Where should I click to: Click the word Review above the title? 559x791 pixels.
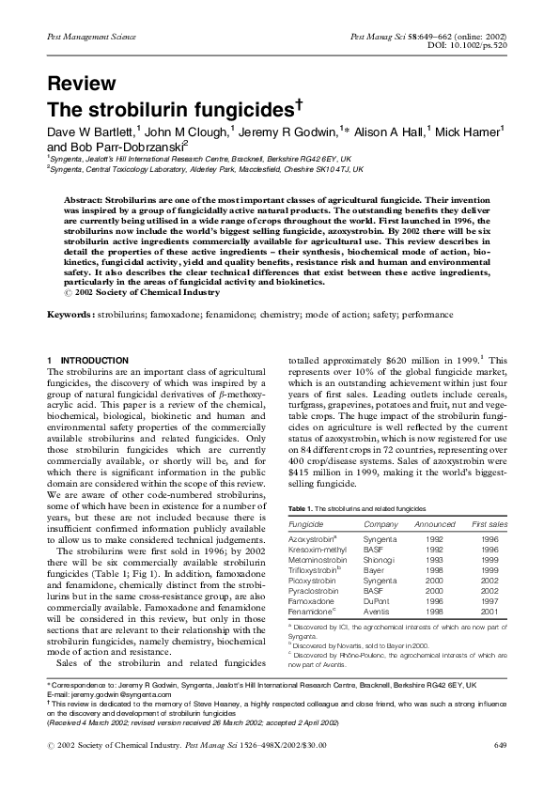(81, 85)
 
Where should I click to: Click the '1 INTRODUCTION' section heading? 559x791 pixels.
(87, 361)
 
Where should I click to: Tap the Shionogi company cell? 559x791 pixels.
(380, 558)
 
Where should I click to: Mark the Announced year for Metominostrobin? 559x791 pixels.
(434, 558)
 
